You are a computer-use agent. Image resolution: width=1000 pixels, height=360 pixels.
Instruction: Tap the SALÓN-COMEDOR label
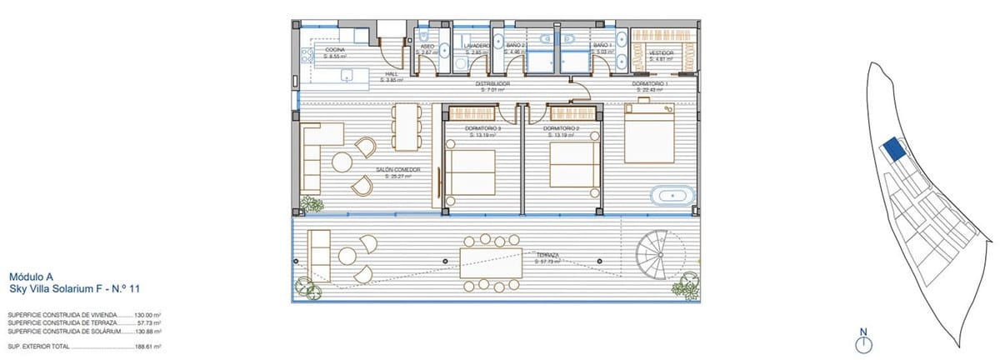tap(397, 171)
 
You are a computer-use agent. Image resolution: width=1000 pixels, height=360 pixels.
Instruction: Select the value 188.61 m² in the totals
tap(148, 345)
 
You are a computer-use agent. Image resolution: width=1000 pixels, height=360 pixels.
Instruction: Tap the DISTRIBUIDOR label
tap(492, 84)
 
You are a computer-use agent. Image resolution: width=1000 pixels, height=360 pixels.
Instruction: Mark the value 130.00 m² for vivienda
tap(147, 315)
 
